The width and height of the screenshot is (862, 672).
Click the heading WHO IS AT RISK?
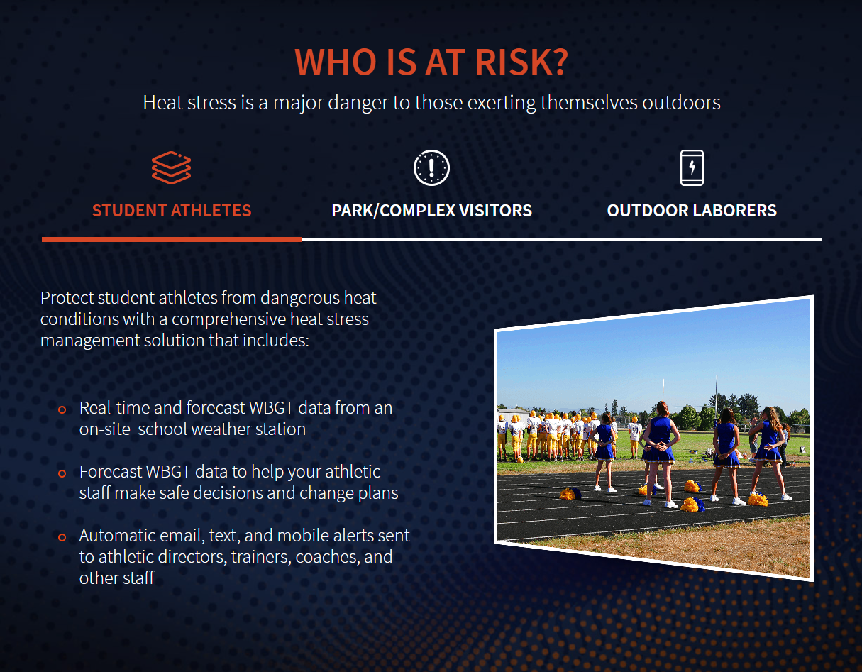[431, 62]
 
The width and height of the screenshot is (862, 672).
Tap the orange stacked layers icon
[172, 167]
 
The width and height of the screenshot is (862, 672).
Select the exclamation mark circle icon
[431, 167]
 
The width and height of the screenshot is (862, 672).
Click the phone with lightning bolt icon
[692, 167]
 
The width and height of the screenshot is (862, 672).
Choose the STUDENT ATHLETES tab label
[172, 211]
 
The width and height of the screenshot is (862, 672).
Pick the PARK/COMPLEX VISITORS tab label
[431, 211]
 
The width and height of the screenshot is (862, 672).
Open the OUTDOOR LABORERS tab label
[692, 211]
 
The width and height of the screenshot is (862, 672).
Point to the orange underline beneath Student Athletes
[172, 239]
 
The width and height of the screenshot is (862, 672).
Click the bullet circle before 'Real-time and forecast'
[62, 409]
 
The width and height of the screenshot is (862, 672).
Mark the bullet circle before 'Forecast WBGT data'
[62, 473]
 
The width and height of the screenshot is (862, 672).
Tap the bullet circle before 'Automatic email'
[62, 537]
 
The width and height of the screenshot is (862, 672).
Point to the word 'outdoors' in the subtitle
[681, 103]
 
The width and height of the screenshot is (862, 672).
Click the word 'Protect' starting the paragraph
[67, 298]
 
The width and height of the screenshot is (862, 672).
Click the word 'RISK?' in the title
[521, 62]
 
